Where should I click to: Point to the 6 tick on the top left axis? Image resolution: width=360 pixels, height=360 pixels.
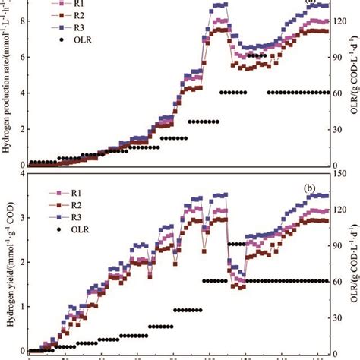click(x=22, y=57)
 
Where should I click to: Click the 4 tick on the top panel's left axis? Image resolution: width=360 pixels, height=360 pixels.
click(x=22, y=93)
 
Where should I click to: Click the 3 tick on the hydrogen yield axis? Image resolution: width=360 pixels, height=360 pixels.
click(x=22, y=219)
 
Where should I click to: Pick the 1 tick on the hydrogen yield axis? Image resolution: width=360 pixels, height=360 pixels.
click(x=22, y=306)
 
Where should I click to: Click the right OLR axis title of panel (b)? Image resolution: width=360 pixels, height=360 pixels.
click(x=354, y=262)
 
